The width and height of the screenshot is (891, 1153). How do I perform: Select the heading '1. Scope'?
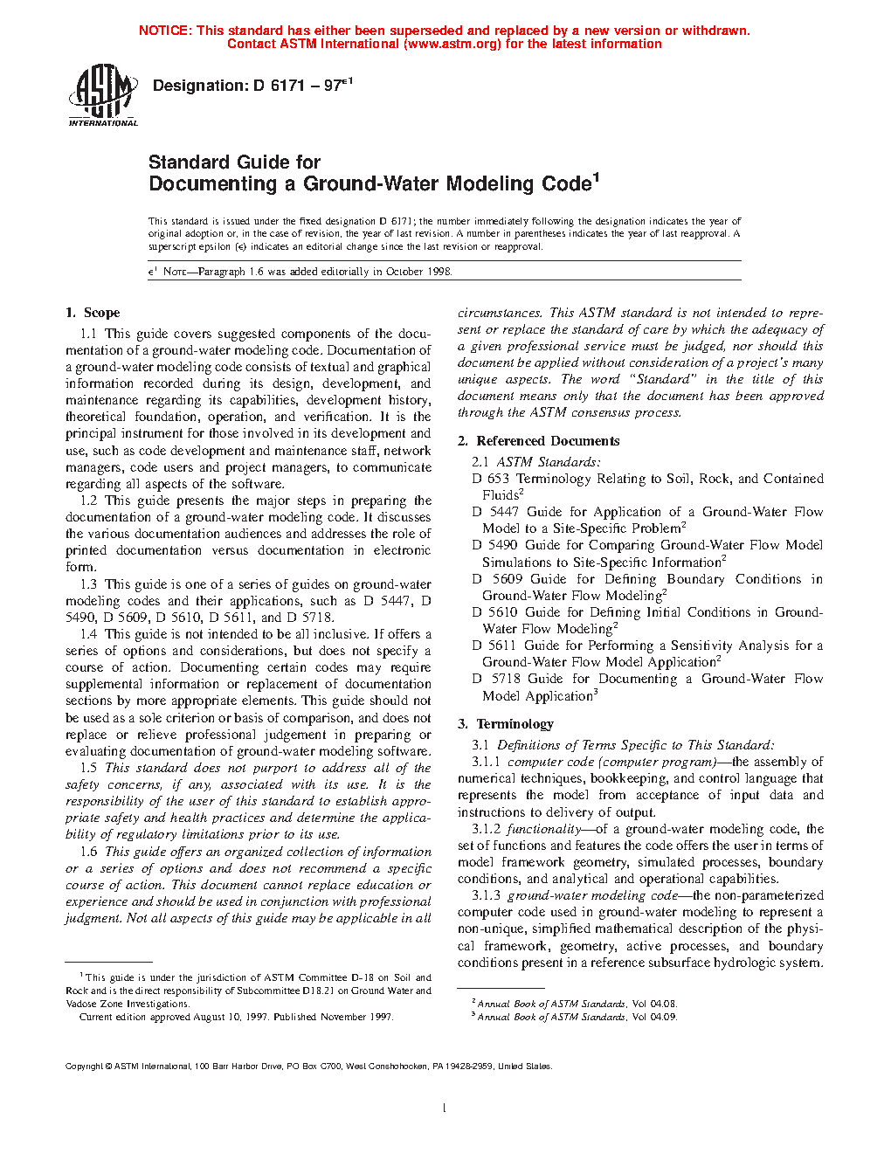click(x=93, y=313)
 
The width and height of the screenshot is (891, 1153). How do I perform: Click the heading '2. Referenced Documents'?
click(x=538, y=441)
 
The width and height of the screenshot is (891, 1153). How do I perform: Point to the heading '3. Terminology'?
click(x=506, y=724)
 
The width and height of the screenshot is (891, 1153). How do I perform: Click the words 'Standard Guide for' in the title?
click(x=234, y=162)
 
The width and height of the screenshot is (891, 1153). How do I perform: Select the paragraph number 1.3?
click(x=88, y=584)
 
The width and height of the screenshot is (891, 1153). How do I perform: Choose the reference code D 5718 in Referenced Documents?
click(x=494, y=679)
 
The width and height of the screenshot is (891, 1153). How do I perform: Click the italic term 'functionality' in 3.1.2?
click(x=544, y=829)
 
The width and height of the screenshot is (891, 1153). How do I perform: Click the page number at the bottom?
click(x=445, y=1108)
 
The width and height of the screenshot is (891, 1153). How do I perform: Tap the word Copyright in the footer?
click(x=84, y=1066)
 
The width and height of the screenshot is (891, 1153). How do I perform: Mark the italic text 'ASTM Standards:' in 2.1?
click(x=549, y=462)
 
